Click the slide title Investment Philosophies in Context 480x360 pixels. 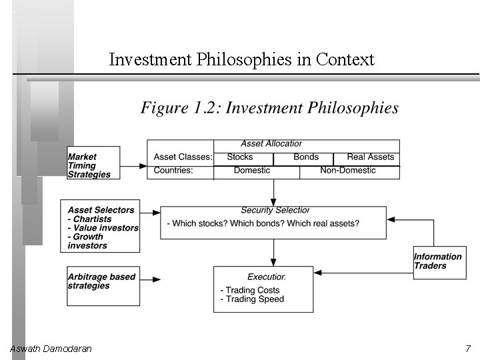(241, 60)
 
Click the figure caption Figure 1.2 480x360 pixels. (269, 108)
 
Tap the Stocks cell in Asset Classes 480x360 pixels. (240, 157)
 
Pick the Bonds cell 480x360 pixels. (306, 157)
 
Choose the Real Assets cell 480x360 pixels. (371, 157)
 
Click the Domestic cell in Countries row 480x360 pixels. (252, 171)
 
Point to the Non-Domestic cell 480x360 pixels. (348, 171)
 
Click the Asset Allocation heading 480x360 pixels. (271, 144)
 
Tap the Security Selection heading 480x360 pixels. (275, 211)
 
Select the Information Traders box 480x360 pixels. (437, 261)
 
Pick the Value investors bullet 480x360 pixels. (103, 228)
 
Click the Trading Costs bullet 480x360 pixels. (250, 290)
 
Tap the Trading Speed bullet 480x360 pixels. (252, 299)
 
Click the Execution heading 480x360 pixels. (266, 277)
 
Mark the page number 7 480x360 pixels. (469, 349)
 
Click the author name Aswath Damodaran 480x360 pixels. (51, 349)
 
